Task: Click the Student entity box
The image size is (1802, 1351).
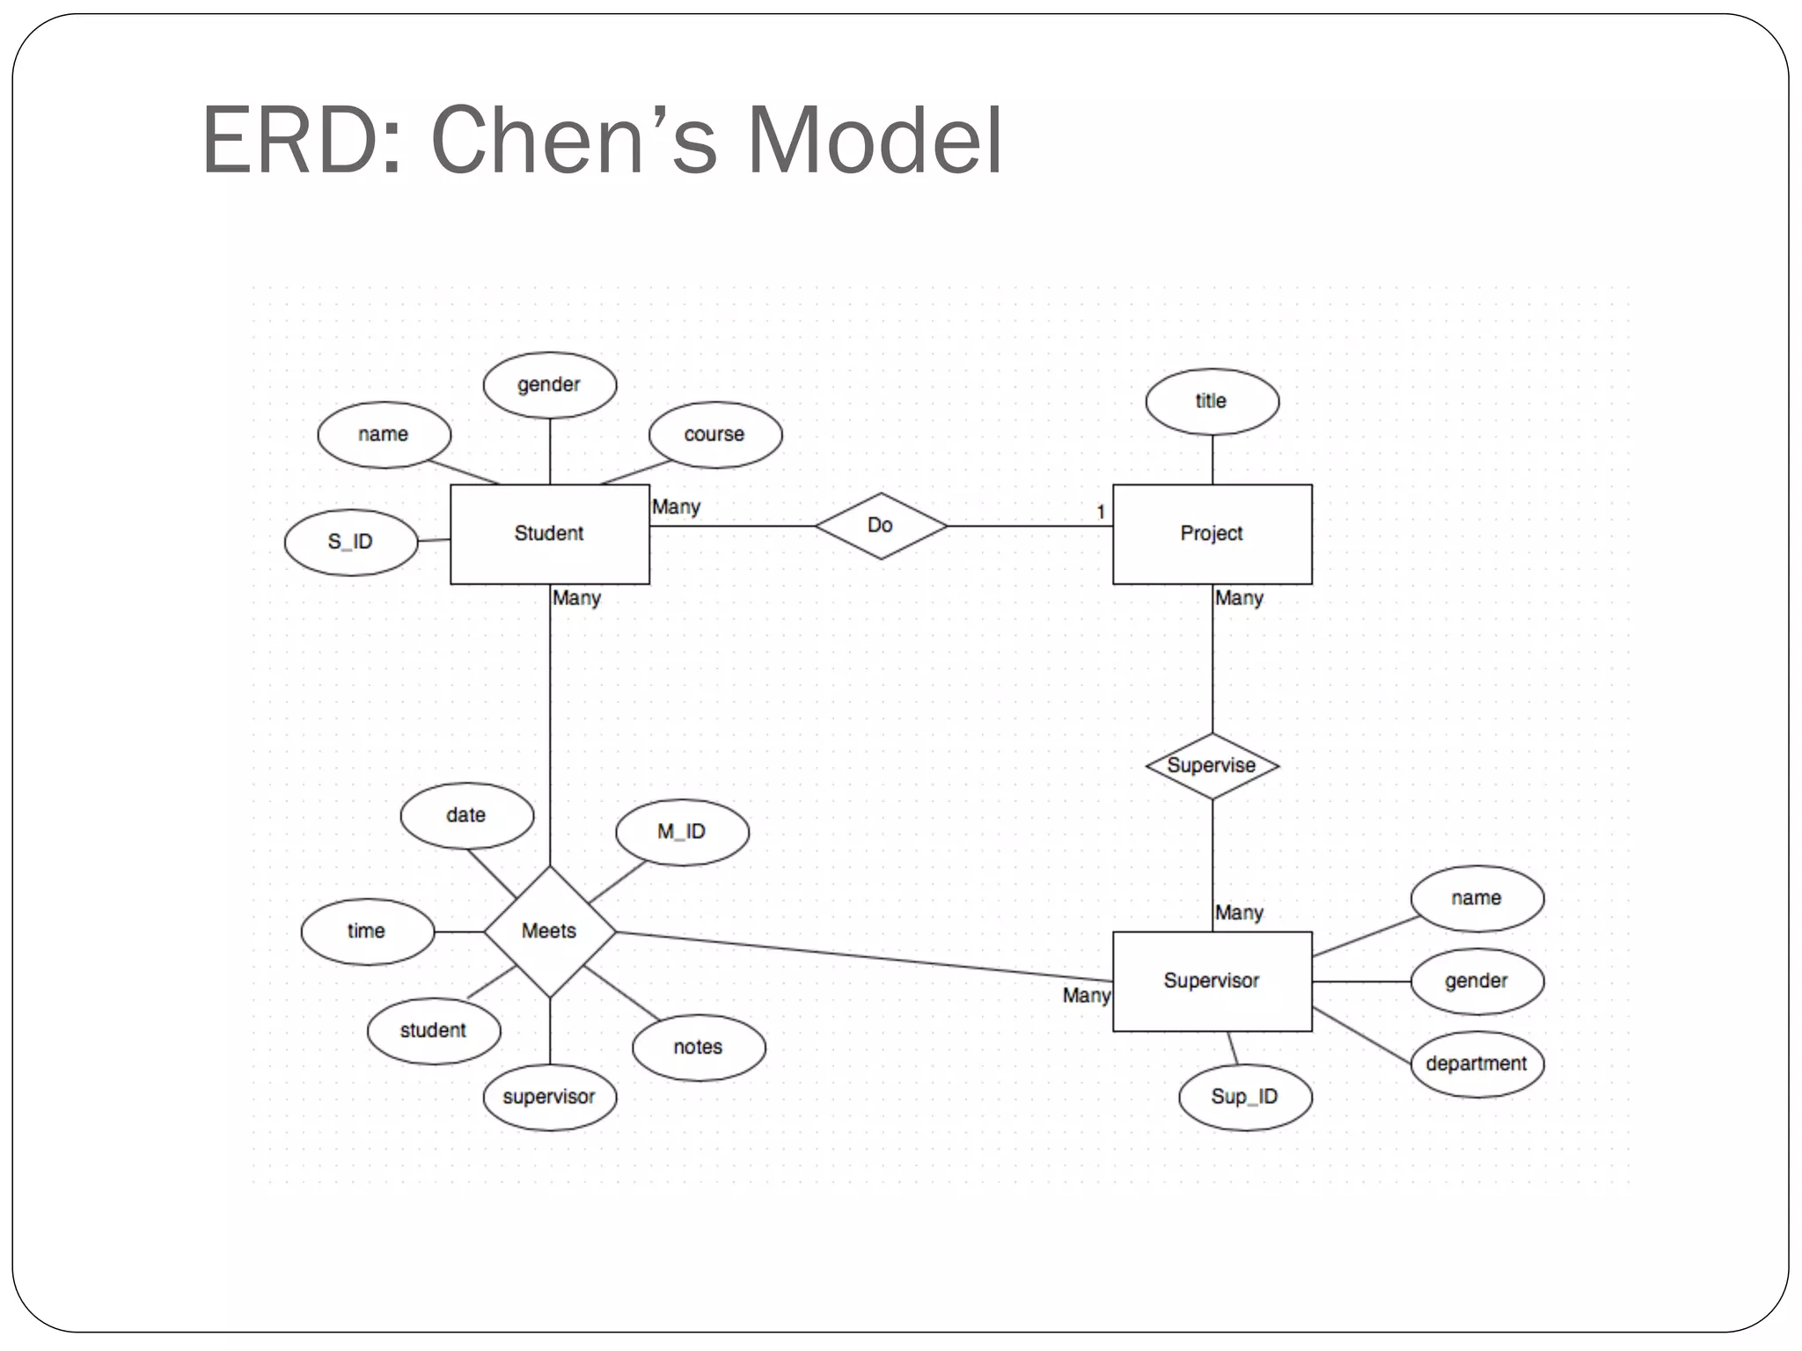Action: pyautogui.click(x=549, y=534)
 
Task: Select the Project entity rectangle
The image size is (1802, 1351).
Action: pyautogui.click(x=1212, y=534)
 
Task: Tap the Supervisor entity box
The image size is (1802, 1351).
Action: pyautogui.click(x=1212, y=981)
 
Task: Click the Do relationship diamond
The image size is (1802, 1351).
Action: pyautogui.click(x=881, y=526)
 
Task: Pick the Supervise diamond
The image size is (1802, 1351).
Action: pyautogui.click(x=1212, y=765)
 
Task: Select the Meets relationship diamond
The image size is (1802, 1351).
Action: pyautogui.click(x=550, y=931)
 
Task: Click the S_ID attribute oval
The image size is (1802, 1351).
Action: pyautogui.click(x=351, y=543)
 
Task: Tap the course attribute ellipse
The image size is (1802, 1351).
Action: pyautogui.click(x=714, y=435)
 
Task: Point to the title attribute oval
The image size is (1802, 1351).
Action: pyautogui.click(x=1212, y=401)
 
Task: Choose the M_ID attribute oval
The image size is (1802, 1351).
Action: pyautogui.click(x=682, y=832)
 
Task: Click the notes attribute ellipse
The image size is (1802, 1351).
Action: pyautogui.click(x=699, y=1048)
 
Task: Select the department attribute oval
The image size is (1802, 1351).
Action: pyautogui.click(x=1476, y=1063)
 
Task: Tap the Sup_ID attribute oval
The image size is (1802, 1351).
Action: pyautogui.click(x=1245, y=1097)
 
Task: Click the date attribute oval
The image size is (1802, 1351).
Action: pyautogui.click(x=466, y=815)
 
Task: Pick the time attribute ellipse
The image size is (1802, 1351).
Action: pyautogui.click(x=367, y=931)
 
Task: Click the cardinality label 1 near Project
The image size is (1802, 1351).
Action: pyautogui.click(x=1101, y=512)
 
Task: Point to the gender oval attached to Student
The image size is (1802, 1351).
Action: pyautogui.click(x=550, y=385)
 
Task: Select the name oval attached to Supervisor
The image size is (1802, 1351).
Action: pyautogui.click(x=1476, y=898)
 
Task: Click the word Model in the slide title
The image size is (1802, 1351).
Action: pyautogui.click(x=875, y=141)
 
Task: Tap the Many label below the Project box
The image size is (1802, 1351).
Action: pyautogui.click(x=1239, y=598)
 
